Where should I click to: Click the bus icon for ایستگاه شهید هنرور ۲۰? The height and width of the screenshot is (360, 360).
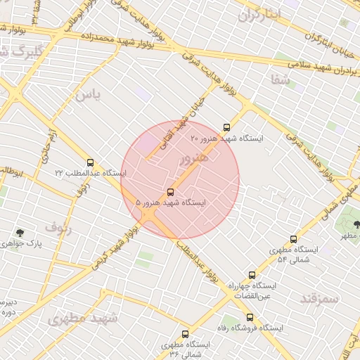[226, 127]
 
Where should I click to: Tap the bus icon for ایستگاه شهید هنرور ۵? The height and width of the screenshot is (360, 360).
[170, 191]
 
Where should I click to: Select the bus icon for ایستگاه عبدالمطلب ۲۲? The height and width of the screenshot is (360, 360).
[90, 162]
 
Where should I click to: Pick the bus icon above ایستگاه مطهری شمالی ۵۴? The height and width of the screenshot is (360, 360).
[293, 239]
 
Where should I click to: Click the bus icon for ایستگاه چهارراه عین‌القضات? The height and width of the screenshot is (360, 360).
[252, 275]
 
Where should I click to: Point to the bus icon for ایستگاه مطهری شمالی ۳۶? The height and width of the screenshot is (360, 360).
[185, 335]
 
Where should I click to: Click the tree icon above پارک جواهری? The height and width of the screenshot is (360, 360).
[20, 233]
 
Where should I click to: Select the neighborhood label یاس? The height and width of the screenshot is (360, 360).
[88, 94]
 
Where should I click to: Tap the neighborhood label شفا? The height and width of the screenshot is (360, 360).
[279, 79]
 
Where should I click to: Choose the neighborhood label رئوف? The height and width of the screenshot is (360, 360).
[58, 227]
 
